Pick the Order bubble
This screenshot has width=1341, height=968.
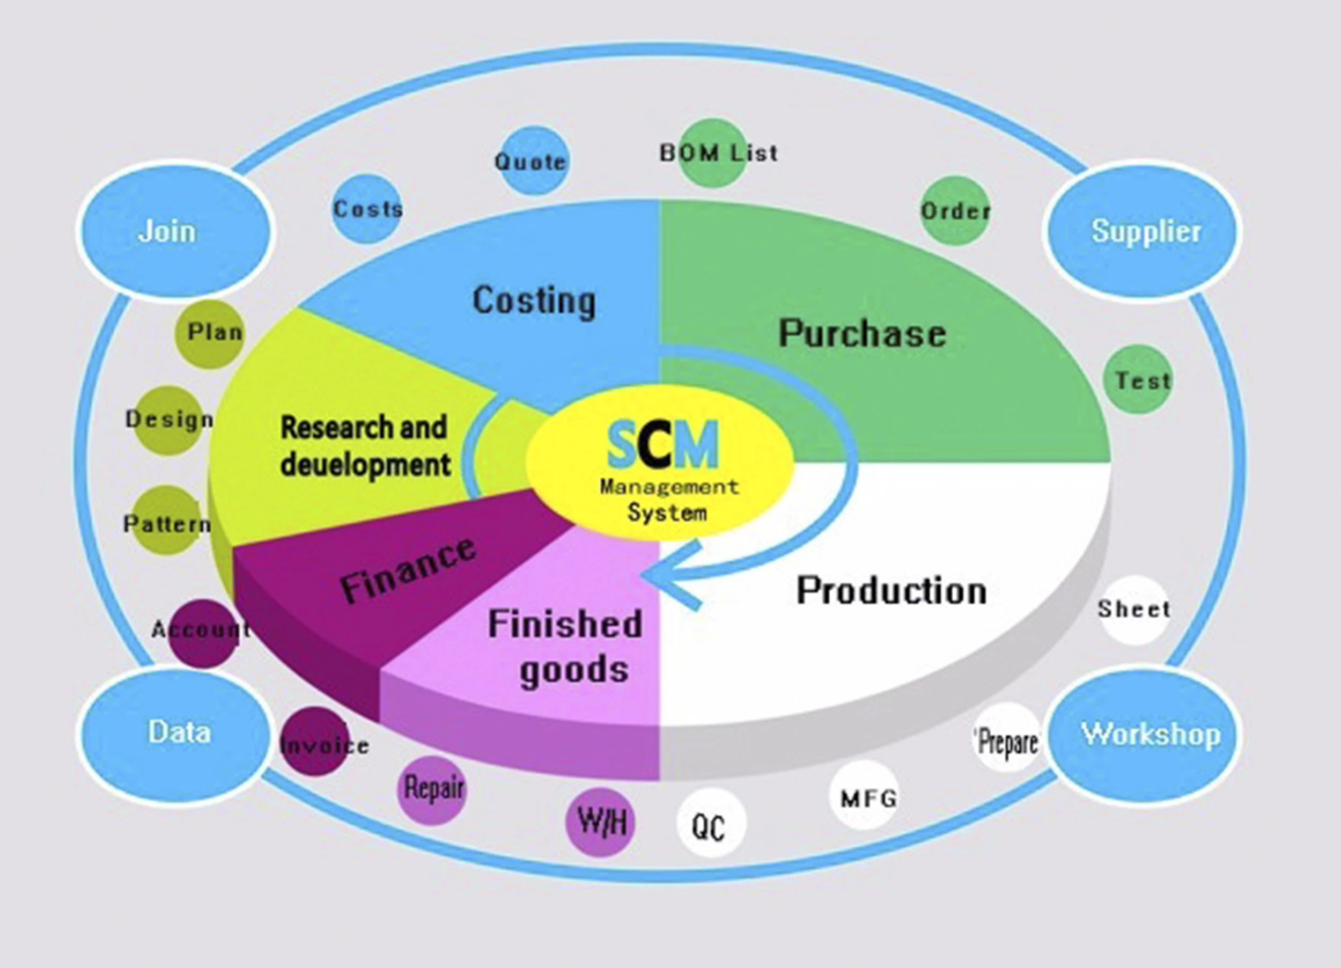(x=954, y=210)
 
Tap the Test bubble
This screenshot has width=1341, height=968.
(x=1138, y=379)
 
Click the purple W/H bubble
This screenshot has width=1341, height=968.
(x=600, y=822)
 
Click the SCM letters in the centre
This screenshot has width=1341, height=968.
(x=662, y=444)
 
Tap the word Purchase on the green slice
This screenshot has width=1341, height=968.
(x=862, y=333)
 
